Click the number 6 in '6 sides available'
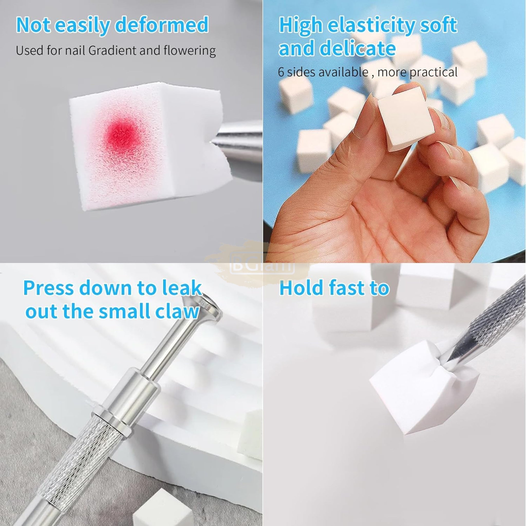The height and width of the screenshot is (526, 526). tap(281, 72)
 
